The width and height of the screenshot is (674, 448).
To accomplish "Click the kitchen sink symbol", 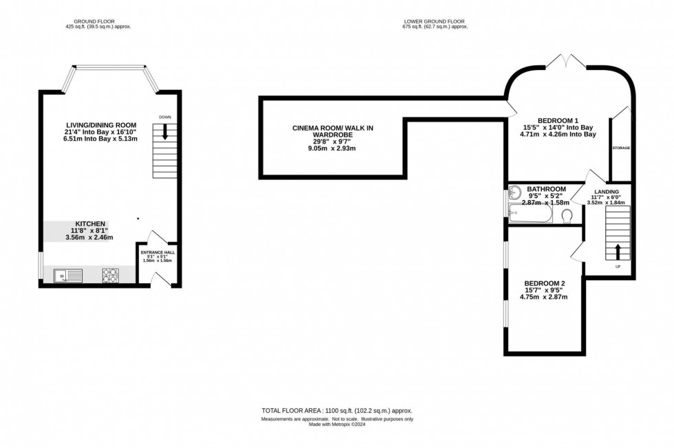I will pos(69,276).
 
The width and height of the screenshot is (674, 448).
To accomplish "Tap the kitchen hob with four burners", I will pos(110,276).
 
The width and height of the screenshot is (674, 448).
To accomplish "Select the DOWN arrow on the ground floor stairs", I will pos(165,133).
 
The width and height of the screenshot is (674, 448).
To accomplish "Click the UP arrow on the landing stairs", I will pos(617,251).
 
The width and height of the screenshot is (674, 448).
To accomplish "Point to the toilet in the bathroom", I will pos(567,216).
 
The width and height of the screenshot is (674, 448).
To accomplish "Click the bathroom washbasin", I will pos(515,195).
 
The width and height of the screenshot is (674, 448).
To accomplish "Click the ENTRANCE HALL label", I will pos(157,252).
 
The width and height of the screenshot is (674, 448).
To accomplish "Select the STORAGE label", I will pos(621,148).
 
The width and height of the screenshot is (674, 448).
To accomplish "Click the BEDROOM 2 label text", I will pos(544,283).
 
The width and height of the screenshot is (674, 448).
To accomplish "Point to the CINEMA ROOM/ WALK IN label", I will pos(333,128).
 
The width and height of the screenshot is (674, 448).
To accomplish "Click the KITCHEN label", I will pos(90,223).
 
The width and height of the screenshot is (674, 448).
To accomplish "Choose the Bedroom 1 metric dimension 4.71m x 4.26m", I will pos(558,135).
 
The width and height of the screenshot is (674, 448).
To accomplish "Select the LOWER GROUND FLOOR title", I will pos(435,21).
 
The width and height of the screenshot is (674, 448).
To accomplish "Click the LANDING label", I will pos(607,191).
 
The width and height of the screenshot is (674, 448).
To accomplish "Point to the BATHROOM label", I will pos(546,189).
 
